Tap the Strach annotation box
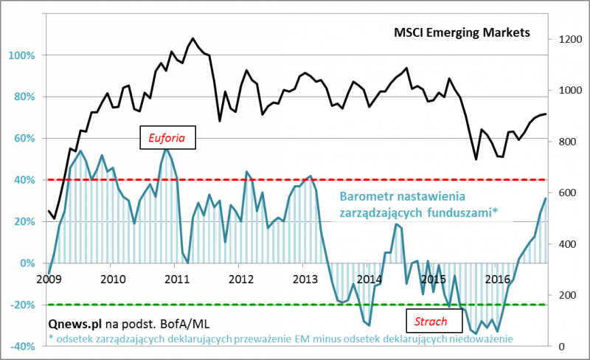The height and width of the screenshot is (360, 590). pyautogui.click(x=431, y=322)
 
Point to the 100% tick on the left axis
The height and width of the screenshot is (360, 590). pyautogui.click(x=22, y=55)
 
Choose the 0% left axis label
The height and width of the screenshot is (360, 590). pyautogui.click(x=27, y=263)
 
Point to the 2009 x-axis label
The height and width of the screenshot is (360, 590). pyautogui.click(x=48, y=279)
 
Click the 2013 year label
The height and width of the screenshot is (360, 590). pyautogui.click(x=305, y=279)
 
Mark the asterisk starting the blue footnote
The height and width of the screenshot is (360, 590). pyautogui.click(x=51, y=337)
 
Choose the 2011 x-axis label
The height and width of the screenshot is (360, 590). pyautogui.click(x=177, y=279)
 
